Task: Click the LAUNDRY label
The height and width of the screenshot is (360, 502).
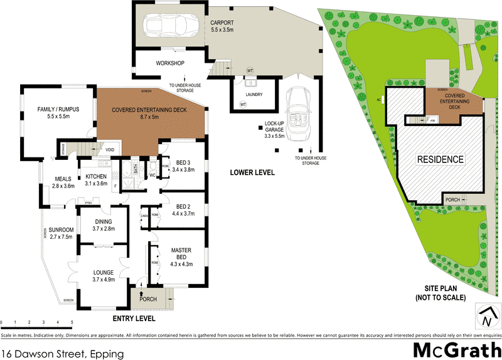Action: click(254, 95)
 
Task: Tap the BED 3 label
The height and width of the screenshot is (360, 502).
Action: click(184, 162)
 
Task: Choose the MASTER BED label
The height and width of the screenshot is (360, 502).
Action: click(181, 253)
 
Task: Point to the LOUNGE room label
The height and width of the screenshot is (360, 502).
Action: click(103, 272)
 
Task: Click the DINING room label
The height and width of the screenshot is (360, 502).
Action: click(103, 221)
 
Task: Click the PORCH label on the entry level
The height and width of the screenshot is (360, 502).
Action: click(148, 299)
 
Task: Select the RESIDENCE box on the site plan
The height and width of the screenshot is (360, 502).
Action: click(441, 159)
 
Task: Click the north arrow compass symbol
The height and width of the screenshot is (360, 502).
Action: click(485, 317)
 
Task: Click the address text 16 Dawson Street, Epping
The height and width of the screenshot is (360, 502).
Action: click(62, 353)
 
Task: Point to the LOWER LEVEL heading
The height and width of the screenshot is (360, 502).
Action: click(252, 171)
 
